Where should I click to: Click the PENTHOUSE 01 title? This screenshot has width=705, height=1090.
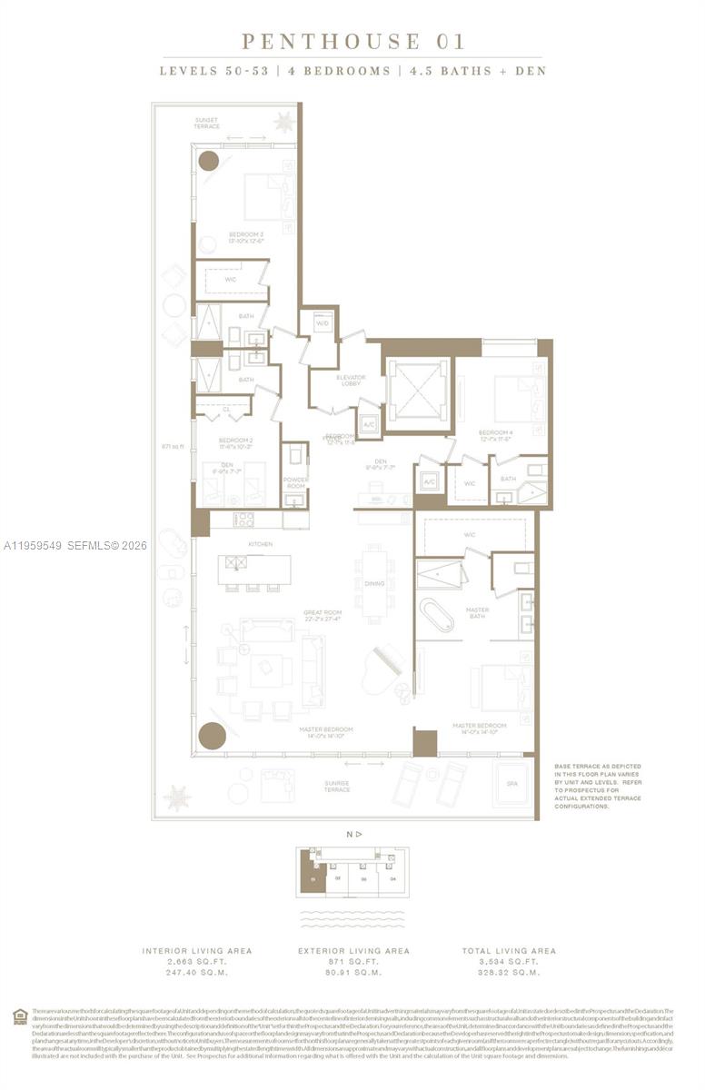click(x=352, y=41)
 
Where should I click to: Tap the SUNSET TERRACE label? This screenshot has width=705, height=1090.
click(x=206, y=123)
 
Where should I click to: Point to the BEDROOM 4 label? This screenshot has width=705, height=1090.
click(x=495, y=434)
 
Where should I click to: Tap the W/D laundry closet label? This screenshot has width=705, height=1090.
click(x=322, y=323)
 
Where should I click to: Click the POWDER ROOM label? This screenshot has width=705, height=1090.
click(x=295, y=482)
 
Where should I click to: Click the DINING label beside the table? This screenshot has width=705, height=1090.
click(x=374, y=583)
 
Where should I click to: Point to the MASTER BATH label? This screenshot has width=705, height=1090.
click(x=477, y=614)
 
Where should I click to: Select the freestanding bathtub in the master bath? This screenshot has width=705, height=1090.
click(x=437, y=615)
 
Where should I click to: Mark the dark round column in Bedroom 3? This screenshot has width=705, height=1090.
click(x=209, y=161)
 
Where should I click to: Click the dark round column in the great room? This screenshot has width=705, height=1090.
click(x=212, y=735)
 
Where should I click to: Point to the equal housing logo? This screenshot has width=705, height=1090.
click(x=20, y=1016)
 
